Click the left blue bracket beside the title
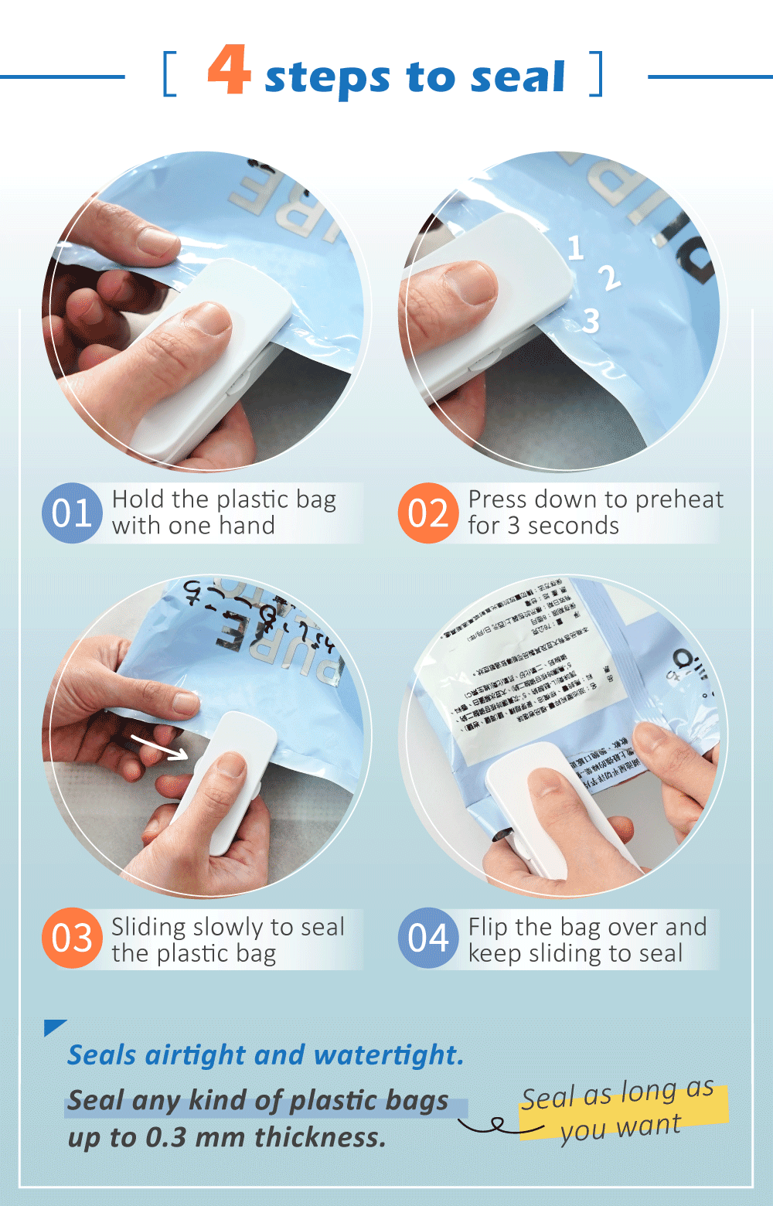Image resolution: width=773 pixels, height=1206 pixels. (169, 74)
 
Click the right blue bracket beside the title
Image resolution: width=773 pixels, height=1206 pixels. (596, 74)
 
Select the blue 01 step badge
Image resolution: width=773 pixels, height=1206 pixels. (72, 513)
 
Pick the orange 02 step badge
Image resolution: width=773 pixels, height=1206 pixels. (428, 513)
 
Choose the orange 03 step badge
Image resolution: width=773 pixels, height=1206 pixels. (72, 938)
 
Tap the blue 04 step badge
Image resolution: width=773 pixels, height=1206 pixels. (428, 938)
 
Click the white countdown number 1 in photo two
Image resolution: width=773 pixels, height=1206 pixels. (575, 248)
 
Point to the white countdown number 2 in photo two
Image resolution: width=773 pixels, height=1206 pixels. (609, 278)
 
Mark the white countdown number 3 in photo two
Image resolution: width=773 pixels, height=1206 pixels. (591, 320)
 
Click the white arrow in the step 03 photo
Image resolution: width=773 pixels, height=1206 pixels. (159, 748)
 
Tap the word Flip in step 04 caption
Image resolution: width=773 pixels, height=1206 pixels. (488, 927)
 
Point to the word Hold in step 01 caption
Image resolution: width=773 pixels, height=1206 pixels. (138, 499)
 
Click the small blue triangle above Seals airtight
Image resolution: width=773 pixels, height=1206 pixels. (53, 1027)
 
